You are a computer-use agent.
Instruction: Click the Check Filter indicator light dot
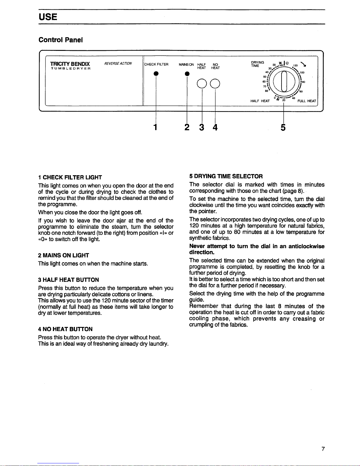155,74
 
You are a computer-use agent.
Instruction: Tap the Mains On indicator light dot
186,74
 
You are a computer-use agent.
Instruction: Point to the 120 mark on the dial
296,66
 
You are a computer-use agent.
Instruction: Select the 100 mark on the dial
302,72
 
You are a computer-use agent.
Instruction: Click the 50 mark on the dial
265,77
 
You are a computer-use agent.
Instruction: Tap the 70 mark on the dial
265,86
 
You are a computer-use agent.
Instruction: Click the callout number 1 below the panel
155,127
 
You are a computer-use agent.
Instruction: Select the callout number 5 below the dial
283,127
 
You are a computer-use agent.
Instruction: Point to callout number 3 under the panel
202,127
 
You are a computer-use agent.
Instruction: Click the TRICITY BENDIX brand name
70,64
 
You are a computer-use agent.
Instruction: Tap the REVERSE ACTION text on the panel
118,64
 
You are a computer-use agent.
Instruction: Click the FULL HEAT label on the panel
307,101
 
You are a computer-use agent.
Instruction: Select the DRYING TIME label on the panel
257,64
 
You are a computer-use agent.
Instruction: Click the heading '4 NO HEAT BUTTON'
65,329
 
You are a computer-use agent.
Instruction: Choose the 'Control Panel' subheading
61,40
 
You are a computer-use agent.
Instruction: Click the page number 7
323,449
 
